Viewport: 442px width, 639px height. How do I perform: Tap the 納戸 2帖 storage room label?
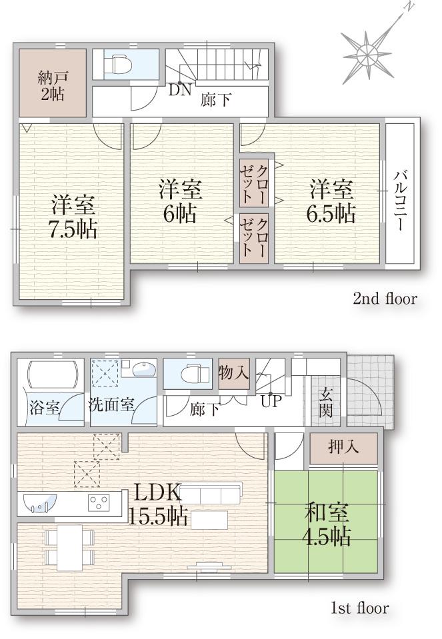(x=51, y=85)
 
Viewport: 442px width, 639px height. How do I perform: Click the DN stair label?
(x=179, y=90)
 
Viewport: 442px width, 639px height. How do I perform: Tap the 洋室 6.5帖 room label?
(x=331, y=201)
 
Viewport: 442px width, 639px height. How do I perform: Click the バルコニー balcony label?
(x=400, y=199)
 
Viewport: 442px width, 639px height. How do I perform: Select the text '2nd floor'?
(x=385, y=299)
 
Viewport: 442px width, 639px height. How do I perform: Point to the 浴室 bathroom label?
(x=45, y=406)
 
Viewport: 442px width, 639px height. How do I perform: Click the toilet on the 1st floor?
(x=189, y=374)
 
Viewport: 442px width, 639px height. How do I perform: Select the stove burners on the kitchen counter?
(x=99, y=503)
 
